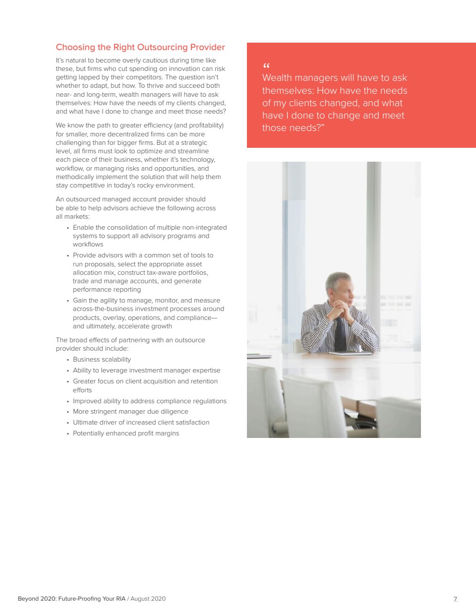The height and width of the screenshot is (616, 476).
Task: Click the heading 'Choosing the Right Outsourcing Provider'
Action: [x=140, y=48]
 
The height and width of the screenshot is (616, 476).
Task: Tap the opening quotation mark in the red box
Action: [x=266, y=66]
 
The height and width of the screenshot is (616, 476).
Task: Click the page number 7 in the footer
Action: [x=455, y=599]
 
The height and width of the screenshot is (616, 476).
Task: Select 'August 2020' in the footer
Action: [x=148, y=599]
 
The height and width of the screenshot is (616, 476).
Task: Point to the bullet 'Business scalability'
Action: [x=102, y=360]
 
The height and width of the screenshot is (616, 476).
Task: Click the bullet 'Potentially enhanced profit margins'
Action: [x=126, y=433]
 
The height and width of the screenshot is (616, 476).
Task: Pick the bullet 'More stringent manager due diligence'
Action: [x=130, y=412]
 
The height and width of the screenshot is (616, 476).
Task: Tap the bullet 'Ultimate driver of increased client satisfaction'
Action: [x=141, y=423]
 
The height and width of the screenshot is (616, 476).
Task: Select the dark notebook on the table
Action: [x=350, y=353]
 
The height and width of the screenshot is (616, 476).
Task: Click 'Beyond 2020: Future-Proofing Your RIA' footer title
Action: [x=72, y=599]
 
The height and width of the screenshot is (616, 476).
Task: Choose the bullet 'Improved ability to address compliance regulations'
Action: [x=149, y=401]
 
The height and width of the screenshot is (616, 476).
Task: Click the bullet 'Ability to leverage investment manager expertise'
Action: [x=146, y=370]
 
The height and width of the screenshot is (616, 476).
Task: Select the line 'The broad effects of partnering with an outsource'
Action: [x=130, y=340]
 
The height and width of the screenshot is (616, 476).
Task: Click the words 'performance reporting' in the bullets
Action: [x=107, y=290]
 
